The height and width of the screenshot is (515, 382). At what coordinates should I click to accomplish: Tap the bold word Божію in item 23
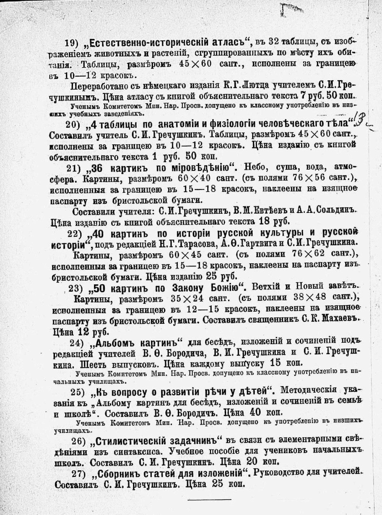[x=221, y=287]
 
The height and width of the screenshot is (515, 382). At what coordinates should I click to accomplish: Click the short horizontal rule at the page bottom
[x=209, y=500]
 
